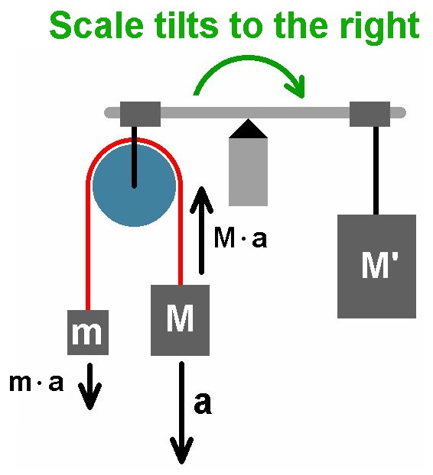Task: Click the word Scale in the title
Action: pos(96,25)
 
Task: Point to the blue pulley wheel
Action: pos(134,186)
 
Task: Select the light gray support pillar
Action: pos(248,172)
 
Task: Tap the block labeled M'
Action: pos(376,267)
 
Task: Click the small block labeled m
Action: pos(88,332)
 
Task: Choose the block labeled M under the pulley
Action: pos(180,320)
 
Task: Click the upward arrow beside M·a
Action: pos(201,231)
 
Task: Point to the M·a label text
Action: pos(241,238)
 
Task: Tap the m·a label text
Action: pos(37,383)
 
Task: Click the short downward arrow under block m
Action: pos(90,386)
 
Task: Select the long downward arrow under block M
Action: pos(181,412)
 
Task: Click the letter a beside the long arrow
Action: pos(203,403)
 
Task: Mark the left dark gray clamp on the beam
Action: pos(140,114)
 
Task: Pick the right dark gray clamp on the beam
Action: pos(370,114)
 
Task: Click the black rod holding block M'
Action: pos(376,170)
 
